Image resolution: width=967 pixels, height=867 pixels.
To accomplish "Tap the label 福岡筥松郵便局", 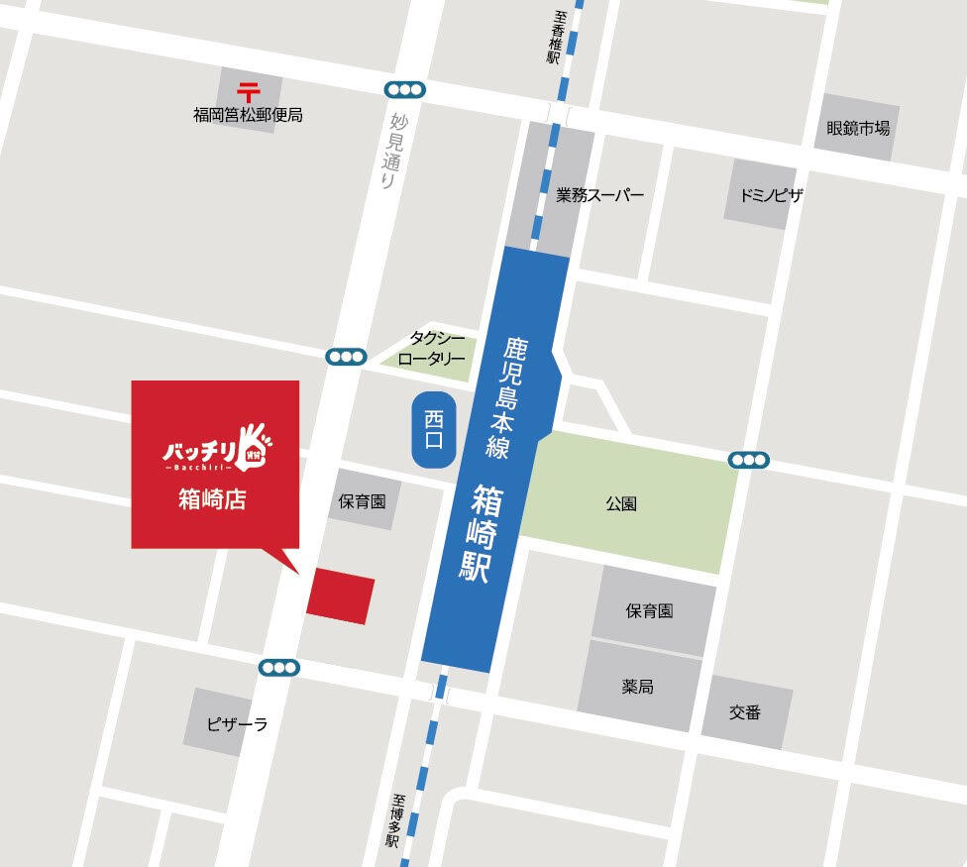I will click(x=248, y=116).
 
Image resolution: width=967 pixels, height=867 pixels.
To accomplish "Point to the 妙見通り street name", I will click(x=391, y=152).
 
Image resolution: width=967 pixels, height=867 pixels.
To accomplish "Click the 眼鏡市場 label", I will click(x=858, y=128).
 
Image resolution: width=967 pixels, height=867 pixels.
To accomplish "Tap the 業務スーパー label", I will click(x=599, y=195).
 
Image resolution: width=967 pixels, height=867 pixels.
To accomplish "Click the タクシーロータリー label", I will click(x=431, y=349).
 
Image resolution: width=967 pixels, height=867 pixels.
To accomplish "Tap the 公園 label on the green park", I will click(x=621, y=503).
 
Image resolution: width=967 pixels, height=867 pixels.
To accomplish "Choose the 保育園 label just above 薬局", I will click(x=649, y=610).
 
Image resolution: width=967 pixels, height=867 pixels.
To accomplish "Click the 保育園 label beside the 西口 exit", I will click(x=362, y=501).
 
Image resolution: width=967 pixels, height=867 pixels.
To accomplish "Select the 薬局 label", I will click(x=637, y=687).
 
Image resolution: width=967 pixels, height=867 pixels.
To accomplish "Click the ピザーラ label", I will click(x=237, y=724).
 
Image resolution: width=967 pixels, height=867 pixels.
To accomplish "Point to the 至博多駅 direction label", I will click(x=393, y=820).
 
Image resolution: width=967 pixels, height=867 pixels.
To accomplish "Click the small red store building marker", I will click(x=340, y=596).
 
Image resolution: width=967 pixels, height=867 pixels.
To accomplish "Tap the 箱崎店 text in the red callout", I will click(x=212, y=499).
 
